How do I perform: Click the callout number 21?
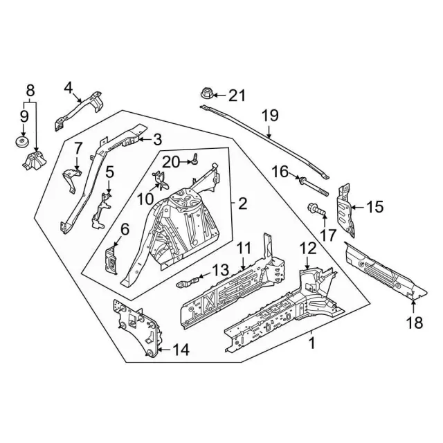point(237,94)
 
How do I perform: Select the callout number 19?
point(269,116)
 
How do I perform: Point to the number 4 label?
point(68,87)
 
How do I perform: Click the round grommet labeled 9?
point(21,143)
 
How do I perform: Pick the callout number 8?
point(29,90)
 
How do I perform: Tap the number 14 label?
point(179,350)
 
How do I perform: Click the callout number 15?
point(374,206)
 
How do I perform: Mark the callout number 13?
point(219,269)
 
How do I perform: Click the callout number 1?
point(311,341)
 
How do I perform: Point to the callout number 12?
point(307,247)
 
